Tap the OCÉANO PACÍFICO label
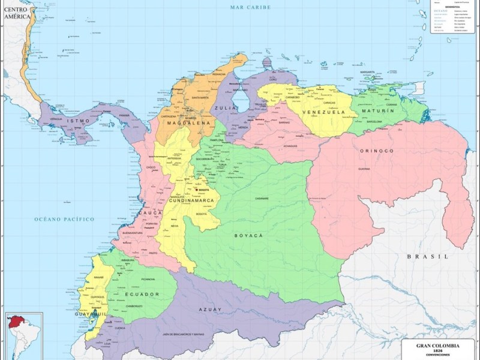64,220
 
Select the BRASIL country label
427,256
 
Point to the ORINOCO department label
376,151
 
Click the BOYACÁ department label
249,236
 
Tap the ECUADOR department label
142,294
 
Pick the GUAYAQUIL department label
90,314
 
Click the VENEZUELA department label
323,112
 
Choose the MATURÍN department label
378,111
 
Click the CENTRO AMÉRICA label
17,14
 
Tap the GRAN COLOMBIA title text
437,346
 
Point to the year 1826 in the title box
437,351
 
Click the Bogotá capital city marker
196,190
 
